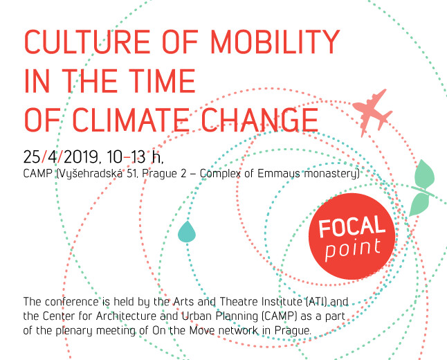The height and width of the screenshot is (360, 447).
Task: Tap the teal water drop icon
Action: (187, 232)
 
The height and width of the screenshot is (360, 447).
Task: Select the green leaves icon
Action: (423, 188)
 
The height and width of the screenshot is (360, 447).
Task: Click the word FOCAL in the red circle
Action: (352, 226)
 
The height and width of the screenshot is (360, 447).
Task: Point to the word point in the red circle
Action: (353, 249)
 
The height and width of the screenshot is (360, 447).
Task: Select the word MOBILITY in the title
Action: (275, 42)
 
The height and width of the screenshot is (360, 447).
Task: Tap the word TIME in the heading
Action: (162, 81)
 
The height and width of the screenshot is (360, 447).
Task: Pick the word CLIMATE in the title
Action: (131, 120)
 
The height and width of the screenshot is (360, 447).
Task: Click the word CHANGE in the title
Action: (259, 120)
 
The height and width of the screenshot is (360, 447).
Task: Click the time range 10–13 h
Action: (135, 157)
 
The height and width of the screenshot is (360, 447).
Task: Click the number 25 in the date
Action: (32, 157)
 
